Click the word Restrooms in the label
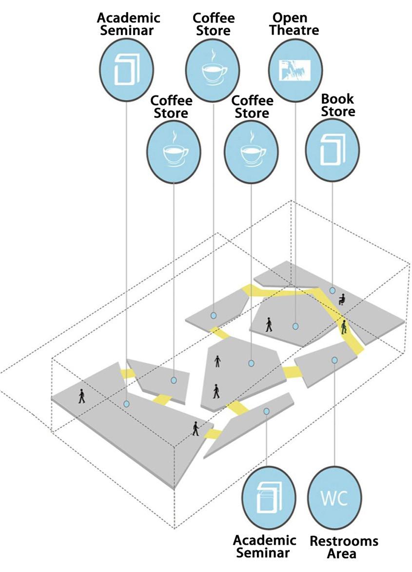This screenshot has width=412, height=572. point(344,541)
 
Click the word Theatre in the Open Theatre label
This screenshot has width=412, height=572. point(296,30)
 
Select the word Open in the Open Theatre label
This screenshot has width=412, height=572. point(290,18)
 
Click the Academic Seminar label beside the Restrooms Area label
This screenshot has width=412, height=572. point(264,546)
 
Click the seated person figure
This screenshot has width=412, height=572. point(342,298)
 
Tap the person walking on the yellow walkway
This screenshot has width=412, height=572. point(344,326)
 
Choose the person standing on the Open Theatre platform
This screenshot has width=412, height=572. point(269,324)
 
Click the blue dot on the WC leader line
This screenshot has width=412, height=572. point(334,360)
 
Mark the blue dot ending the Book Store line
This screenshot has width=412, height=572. point(332,290)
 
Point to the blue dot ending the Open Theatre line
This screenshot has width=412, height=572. point(295,326)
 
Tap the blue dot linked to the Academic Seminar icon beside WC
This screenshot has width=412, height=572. point(266,412)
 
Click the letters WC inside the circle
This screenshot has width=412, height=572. point(334,498)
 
